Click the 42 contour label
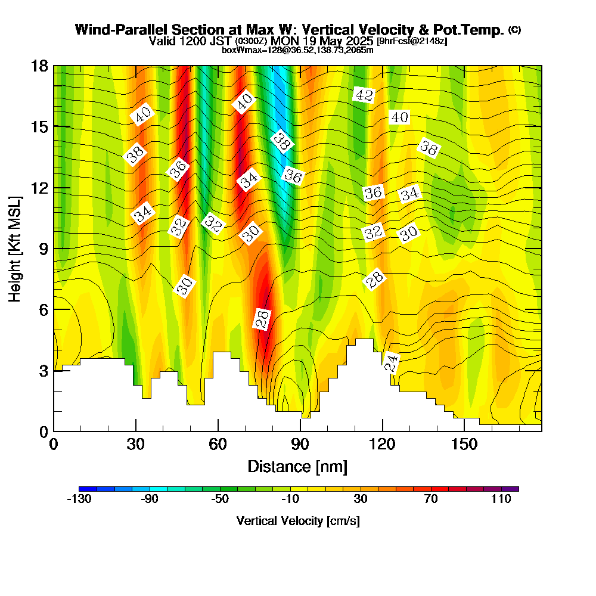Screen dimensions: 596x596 click(363, 94)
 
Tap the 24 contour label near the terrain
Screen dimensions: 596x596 click(391, 362)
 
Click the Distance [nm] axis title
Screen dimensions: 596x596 click(297, 466)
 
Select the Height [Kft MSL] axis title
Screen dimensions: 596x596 click(15, 247)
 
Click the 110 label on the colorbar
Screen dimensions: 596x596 click(501, 499)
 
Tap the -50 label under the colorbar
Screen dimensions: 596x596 click(220, 499)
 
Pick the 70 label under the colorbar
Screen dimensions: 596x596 click(431, 499)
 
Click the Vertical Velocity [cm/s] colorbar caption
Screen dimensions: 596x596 click(297, 521)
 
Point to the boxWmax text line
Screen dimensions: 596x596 click(297, 50)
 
